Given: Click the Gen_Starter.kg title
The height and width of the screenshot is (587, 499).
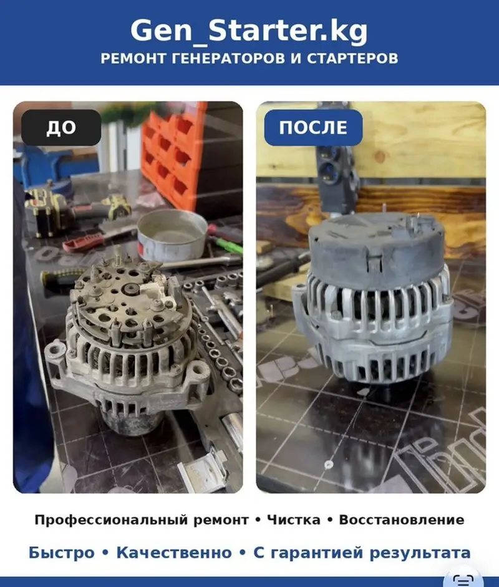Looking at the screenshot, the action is point(249,31).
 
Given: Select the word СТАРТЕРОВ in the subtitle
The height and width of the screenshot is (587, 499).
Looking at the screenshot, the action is point(352,59).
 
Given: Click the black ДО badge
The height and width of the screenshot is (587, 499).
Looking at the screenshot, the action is point(61,128).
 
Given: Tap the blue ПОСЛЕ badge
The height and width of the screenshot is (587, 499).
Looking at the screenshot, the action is point(313,128).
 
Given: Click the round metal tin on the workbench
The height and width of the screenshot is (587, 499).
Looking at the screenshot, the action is point(172,235).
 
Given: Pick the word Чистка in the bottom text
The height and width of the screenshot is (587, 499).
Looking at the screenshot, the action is point(294,520).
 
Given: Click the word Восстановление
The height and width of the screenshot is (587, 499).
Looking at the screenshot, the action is point(401,520).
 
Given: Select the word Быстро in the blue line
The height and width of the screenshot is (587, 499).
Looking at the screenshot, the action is point(62,553).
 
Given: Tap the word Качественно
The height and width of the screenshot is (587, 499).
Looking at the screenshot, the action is point(174,553).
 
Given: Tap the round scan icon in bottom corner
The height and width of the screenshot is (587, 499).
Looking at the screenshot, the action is point(463,580).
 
